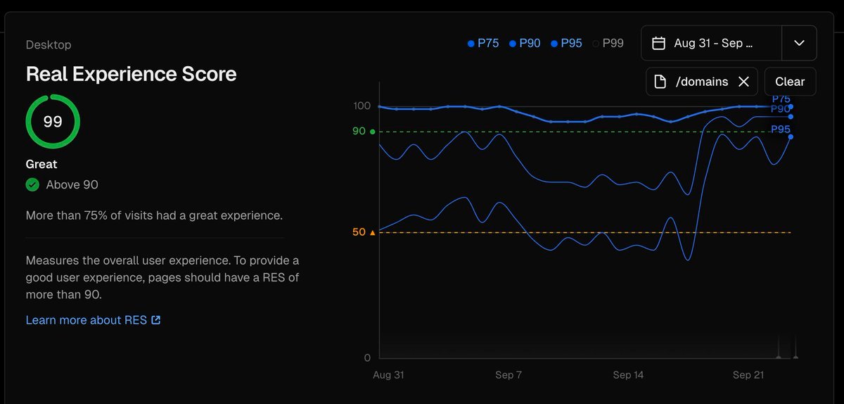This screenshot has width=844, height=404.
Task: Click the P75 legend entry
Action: point(483,44)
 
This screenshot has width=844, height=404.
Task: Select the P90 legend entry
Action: point(525,44)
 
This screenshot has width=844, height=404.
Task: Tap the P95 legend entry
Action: point(567,44)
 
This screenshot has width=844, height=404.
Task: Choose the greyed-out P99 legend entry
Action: point(608,44)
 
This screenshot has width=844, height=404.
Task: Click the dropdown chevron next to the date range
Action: point(799,43)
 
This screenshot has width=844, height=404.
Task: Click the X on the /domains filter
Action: point(743,82)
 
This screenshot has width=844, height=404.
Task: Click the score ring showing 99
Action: point(53,122)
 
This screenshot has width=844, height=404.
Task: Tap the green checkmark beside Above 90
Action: point(32,185)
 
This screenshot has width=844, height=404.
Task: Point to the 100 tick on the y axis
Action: point(362,106)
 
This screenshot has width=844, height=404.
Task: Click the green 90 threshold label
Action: point(359,132)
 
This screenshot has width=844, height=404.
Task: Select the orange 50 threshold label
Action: point(359,232)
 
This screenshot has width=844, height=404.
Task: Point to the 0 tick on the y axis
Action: point(366,358)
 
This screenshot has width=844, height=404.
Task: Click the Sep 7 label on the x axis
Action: point(509,375)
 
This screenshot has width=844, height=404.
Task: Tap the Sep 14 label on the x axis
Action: point(628,375)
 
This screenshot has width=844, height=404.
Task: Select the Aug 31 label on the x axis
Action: point(388,375)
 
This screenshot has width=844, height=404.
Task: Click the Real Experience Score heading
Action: point(131,74)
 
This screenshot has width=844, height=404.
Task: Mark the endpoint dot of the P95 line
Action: point(791,137)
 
